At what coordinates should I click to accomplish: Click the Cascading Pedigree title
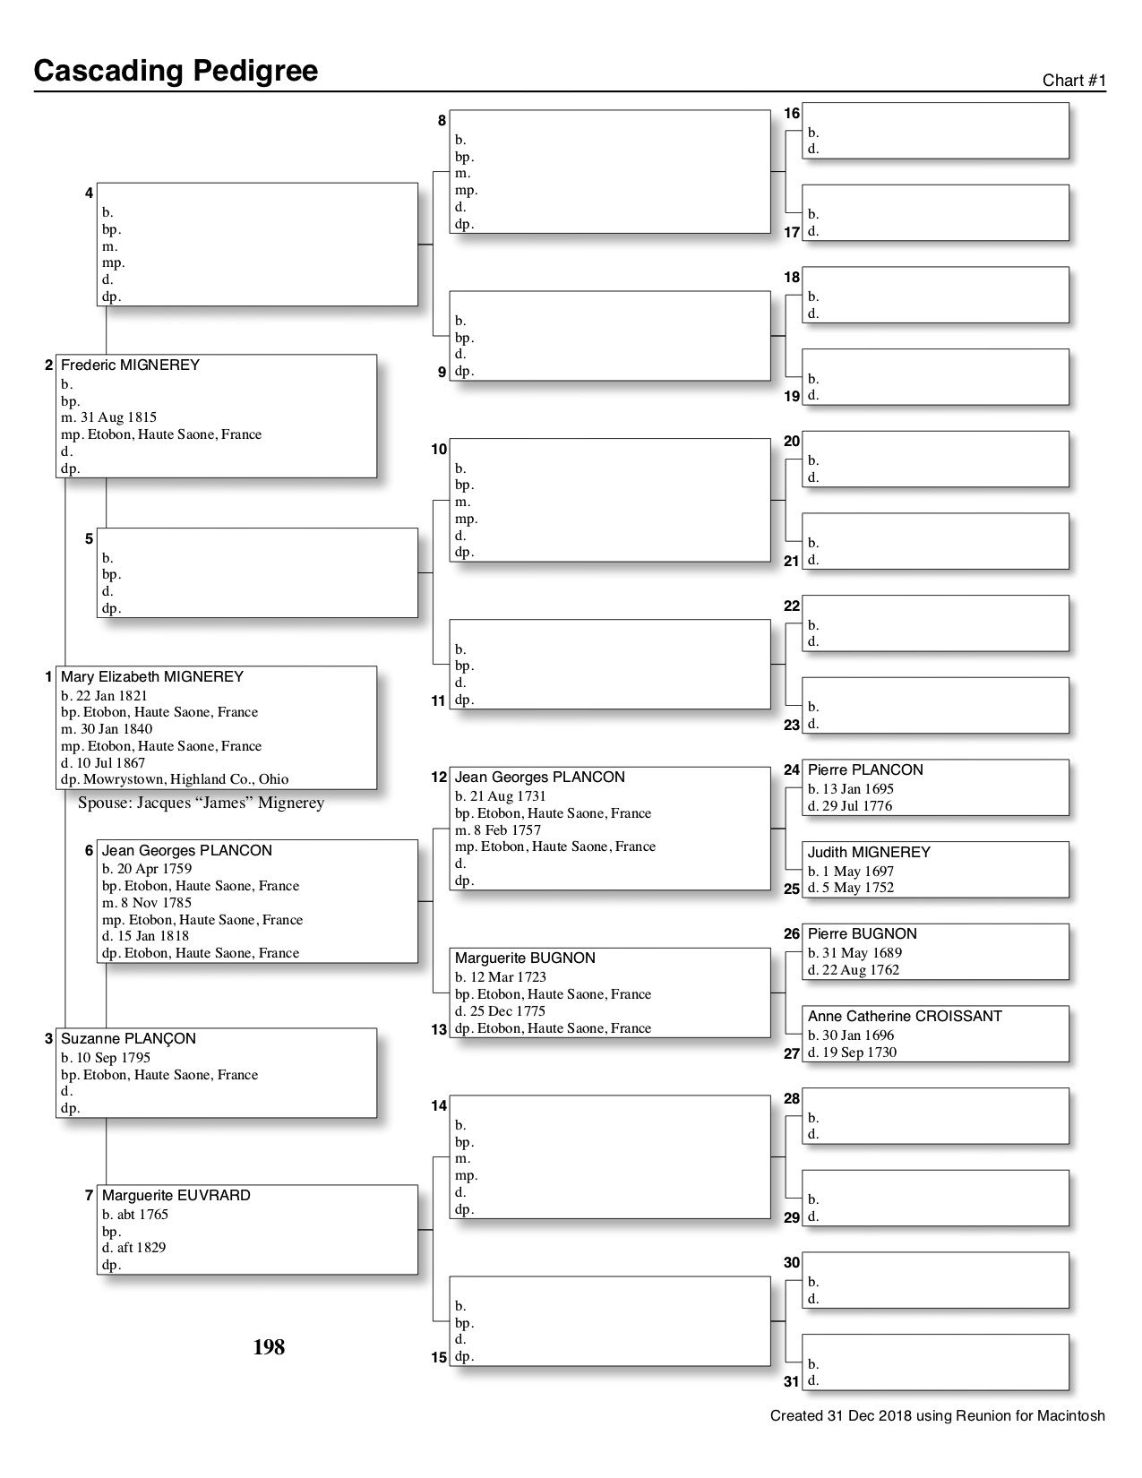(x=176, y=71)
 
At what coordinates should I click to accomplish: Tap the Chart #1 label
(x=1074, y=81)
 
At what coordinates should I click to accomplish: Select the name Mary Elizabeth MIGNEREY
(x=152, y=677)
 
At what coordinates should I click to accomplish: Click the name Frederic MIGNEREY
(x=130, y=365)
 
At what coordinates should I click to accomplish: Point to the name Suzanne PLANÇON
(x=128, y=1039)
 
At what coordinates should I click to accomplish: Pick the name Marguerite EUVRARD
(x=176, y=1196)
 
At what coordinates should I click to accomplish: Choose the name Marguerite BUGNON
(x=525, y=958)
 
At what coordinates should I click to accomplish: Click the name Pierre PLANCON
(x=864, y=770)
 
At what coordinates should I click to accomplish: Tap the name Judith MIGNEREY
(x=869, y=853)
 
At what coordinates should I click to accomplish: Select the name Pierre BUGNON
(x=862, y=934)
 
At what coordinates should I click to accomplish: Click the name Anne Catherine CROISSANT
(x=905, y=1017)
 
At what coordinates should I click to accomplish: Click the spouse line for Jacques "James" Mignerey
(x=202, y=803)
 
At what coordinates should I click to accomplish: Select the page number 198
(x=269, y=1347)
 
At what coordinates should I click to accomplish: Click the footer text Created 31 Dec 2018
(x=937, y=1416)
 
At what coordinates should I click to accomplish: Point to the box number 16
(x=792, y=114)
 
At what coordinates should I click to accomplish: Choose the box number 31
(x=792, y=1381)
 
